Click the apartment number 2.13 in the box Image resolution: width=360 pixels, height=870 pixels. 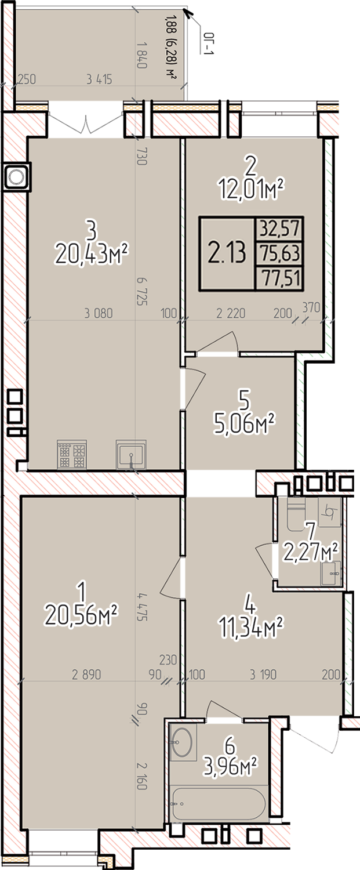(227, 253)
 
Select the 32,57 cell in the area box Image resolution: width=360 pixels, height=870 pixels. (279, 229)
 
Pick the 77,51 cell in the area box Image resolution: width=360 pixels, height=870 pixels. (279, 278)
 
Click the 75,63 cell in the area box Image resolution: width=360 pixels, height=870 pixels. (279, 253)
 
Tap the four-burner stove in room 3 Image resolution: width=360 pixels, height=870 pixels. (72, 454)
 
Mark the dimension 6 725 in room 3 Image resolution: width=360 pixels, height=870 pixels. (142, 291)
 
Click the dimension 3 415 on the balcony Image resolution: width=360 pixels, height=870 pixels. (99, 79)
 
